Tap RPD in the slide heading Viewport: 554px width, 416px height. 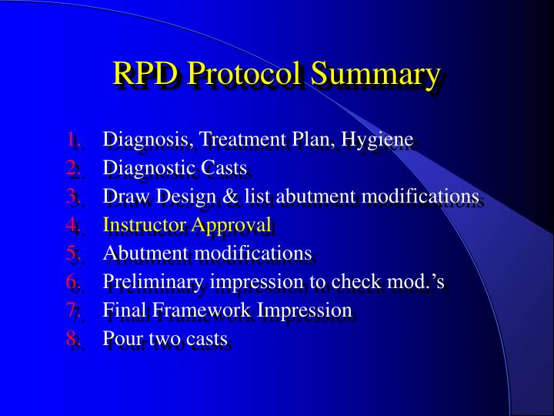146,75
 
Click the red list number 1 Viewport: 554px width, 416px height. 72,140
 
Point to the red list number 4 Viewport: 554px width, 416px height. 72,225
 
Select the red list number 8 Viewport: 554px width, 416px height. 72,338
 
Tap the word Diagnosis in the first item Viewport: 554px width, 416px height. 138,140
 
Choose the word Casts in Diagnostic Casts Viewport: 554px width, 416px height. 225,168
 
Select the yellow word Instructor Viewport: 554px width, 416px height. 142,225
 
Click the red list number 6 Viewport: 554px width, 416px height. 72,282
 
